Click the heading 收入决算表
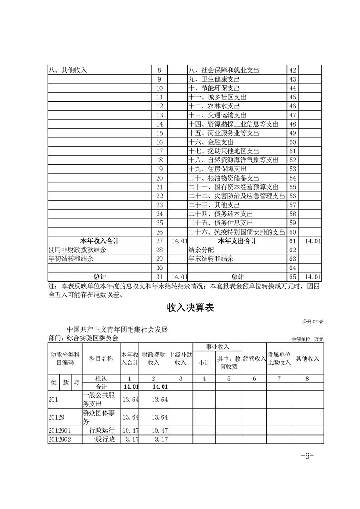point(190,308)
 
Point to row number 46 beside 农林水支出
point(292,106)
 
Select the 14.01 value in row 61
point(313,240)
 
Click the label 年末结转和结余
point(211,259)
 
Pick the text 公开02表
point(313,321)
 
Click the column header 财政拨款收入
point(153,358)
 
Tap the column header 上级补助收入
point(181,358)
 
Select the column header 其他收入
point(307,358)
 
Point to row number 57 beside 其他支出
point(292,205)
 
